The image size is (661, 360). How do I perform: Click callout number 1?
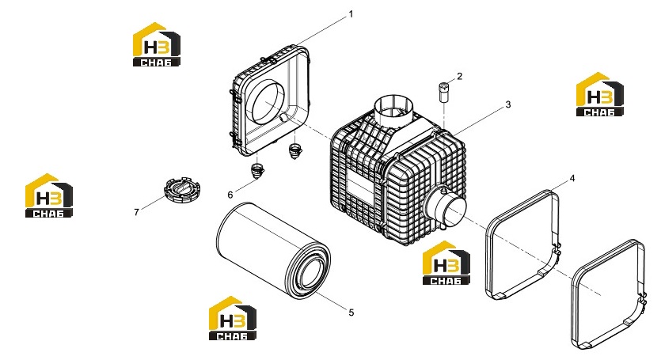tap(351, 14)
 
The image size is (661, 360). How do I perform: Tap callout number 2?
tap(459, 76)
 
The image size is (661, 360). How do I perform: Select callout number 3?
tap(508, 104)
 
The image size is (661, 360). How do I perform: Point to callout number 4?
tap(572, 178)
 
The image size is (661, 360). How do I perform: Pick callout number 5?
tap(351, 313)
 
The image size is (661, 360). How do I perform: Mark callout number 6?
tap(230, 195)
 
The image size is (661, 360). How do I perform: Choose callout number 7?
tap(136, 212)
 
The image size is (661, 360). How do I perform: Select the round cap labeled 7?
tap(182, 191)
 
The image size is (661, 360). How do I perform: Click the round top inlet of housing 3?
tap(392, 108)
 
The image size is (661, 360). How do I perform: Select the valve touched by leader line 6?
tap(256, 170)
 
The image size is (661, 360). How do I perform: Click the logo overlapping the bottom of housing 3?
tap(446, 263)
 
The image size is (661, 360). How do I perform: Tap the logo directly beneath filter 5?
tap(233, 318)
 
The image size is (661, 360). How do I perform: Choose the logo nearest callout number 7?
tap(49, 195)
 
